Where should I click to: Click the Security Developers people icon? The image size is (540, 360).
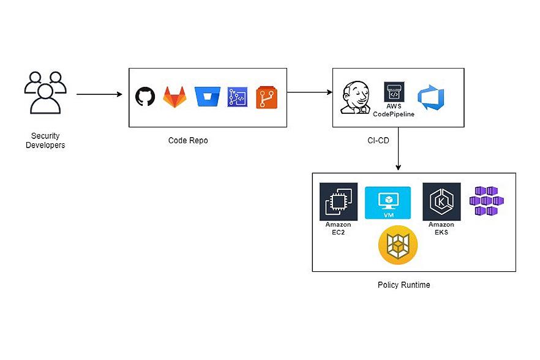(x=45, y=92)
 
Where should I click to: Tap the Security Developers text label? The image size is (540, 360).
(x=45, y=140)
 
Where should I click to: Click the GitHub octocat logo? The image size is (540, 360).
(x=145, y=97)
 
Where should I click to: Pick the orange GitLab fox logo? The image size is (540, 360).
(x=175, y=97)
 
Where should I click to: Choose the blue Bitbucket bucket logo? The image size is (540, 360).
(x=206, y=97)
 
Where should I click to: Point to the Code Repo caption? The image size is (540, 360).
(x=188, y=141)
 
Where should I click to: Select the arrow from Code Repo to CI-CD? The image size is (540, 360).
(x=309, y=92)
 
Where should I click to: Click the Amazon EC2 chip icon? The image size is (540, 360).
(x=339, y=203)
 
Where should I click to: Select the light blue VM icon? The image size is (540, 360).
(x=388, y=203)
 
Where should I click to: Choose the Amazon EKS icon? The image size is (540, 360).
(x=441, y=203)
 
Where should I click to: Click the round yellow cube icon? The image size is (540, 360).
(x=398, y=246)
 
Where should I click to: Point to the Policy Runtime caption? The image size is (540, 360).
(x=404, y=285)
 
